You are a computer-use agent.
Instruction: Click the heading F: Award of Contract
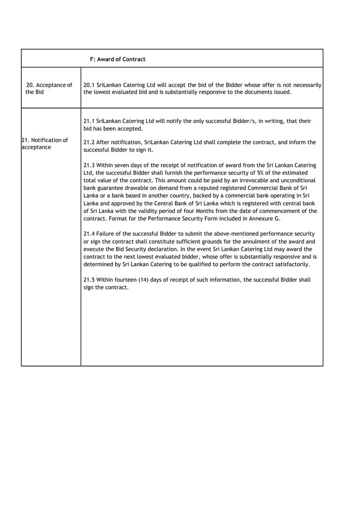click(118, 59)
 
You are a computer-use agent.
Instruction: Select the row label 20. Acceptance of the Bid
click(48, 89)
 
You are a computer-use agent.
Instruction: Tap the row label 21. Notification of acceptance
click(44, 143)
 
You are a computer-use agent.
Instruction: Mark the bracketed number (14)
click(137, 280)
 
